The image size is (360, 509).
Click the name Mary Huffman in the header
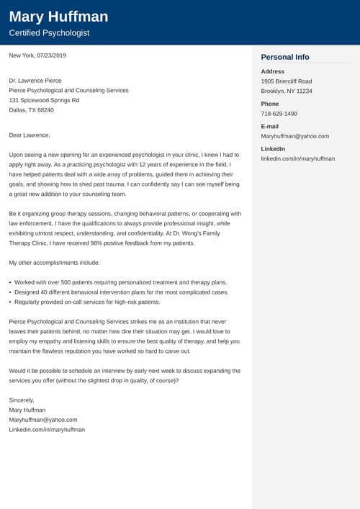tap(58, 17)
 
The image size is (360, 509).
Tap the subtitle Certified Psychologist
tap(50, 33)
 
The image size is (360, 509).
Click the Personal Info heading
tap(285, 57)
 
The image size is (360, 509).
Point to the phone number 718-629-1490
tap(279, 114)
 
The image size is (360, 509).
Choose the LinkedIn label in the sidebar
tap(273, 148)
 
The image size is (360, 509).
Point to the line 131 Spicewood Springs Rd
tap(44, 100)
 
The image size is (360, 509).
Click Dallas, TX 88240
tap(31, 110)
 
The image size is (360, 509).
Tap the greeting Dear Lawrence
tap(30, 135)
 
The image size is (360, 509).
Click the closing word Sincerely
tap(22, 400)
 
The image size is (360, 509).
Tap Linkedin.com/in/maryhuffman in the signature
tap(47, 429)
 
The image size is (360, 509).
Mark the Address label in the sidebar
tap(273, 71)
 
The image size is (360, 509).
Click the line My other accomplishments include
tap(54, 263)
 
